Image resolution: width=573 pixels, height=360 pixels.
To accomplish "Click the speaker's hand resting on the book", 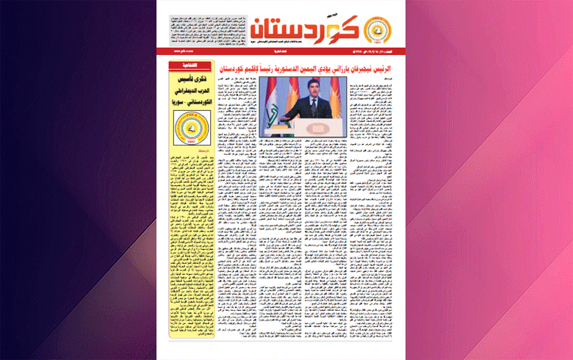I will click(x=293, y=111).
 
